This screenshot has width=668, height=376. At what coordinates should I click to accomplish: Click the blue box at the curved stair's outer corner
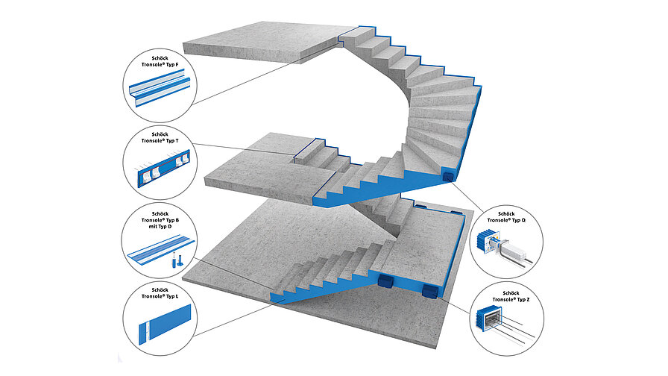click(x=448, y=177)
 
